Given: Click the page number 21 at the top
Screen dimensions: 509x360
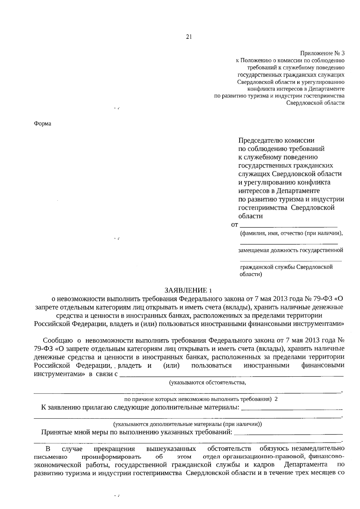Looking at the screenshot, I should (189, 37).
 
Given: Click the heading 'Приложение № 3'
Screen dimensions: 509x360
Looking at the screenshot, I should (322, 53).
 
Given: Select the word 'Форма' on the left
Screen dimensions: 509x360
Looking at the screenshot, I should (42, 124).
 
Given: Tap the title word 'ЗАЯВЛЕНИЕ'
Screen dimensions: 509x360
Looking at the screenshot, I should (186, 290).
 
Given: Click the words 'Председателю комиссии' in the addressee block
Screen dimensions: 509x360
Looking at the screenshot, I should (276, 140).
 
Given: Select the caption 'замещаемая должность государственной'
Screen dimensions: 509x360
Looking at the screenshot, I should (291, 250).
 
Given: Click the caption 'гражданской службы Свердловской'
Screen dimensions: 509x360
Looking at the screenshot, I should (286, 267).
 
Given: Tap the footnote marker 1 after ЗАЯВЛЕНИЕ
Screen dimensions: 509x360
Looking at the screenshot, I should (211, 291).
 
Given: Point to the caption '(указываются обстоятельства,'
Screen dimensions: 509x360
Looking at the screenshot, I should (208, 382).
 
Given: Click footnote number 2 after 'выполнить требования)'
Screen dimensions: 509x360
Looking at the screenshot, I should (276, 399).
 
